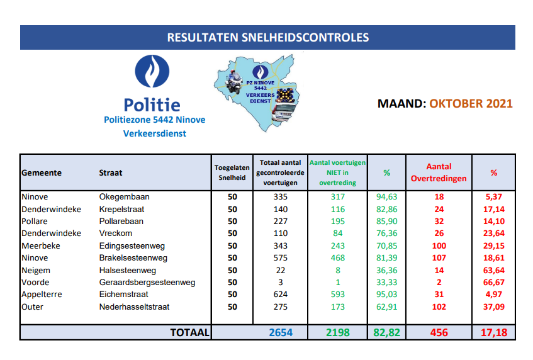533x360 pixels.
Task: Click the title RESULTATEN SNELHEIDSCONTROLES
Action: click(267, 37)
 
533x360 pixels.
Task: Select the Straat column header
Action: click(111, 172)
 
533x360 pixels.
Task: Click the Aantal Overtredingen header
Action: click(439, 172)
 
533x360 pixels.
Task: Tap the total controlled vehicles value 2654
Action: click(281, 332)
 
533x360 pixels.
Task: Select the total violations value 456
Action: click(439, 332)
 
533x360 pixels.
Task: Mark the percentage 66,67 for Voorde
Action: click(494, 282)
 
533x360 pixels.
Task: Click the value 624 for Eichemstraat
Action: click(281, 295)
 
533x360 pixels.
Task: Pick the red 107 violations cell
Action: click(439, 258)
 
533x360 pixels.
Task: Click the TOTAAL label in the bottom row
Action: click(189, 332)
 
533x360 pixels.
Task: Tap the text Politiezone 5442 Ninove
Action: click(155, 120)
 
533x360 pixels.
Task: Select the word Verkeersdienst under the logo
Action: click(155, 133)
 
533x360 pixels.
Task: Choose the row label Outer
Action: click(32, 307)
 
